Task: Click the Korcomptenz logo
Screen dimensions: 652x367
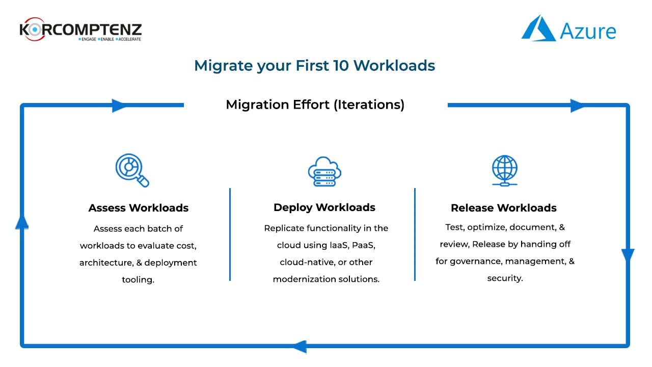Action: [80, 30]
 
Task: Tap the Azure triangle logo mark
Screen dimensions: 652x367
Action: [539, 28]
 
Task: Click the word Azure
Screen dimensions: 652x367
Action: [588, 31]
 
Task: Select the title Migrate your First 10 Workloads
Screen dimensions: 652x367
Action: [315, 66]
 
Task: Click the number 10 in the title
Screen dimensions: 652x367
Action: [341, 65]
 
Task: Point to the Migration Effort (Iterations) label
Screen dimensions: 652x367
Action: [315, 104]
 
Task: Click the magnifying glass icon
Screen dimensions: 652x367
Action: [132, 170]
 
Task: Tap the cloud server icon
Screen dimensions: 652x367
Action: [324, 172]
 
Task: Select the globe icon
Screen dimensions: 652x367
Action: [505, 170]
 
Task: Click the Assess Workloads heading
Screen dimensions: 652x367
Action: [139, 208]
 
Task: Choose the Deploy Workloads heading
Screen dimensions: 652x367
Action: [324, 207]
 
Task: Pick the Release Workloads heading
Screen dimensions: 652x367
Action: [504, 208]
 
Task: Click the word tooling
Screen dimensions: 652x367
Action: [138, 280]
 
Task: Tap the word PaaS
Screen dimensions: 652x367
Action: [364, 245]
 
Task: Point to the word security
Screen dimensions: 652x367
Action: [505, 278]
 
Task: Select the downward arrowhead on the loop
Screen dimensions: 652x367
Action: [628, 256]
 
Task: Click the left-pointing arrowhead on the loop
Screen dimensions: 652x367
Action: [300, 347]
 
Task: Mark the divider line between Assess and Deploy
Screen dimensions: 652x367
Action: [230, 234]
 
